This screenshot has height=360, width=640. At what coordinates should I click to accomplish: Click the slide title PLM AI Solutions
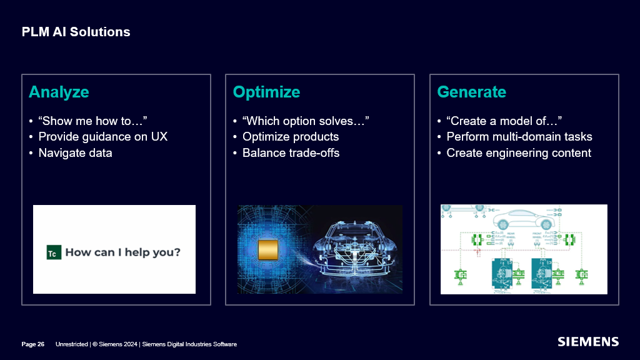point(76,32)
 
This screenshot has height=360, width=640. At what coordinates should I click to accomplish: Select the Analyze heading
point(59,92)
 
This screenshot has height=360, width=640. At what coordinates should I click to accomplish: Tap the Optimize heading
point(266,92)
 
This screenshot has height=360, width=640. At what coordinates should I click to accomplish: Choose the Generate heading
point(471,92)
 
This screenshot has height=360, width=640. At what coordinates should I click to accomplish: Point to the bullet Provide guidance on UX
point(102,137)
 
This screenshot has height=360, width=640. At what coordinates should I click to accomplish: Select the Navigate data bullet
point(75,153)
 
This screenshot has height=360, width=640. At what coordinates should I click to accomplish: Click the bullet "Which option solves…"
point(305,121)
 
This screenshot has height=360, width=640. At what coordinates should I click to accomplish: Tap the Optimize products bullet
point(290,137)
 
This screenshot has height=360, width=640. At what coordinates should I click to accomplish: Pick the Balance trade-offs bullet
point(291,153)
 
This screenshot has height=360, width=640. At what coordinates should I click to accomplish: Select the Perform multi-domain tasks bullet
point(519,137)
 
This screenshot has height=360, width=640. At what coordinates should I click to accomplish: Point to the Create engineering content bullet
point(518,153)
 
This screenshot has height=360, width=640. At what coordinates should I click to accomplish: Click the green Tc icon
point(52,253)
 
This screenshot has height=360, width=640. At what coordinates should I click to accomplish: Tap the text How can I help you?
point(122,252)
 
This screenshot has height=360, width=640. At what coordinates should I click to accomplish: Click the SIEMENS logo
point(587,342)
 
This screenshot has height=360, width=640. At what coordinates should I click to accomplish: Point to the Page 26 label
point(33,344)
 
